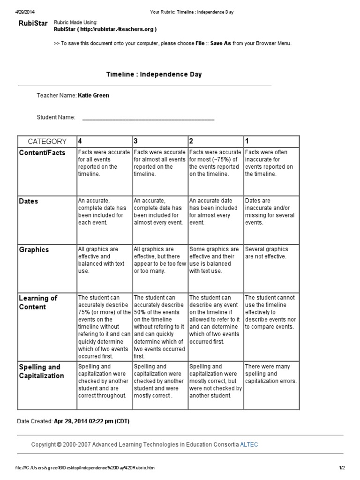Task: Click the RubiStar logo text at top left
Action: tap(32, 23)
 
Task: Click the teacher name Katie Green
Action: tap(93, 95)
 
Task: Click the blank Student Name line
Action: tap(148, 118)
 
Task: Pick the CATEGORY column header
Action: tap(47, 141)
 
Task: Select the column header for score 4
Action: tap(80, 141)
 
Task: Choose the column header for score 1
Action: tap(247, 141)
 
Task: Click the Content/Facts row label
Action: tap(42, 153)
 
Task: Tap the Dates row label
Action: tap(29, 201)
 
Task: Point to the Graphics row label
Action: tap(34, 250)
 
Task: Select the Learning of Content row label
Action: tap(38, 302)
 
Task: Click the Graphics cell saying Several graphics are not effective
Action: tap(267, 253)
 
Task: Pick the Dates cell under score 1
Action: tap(270, 211)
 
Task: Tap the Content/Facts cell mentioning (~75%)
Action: tap(215, 163)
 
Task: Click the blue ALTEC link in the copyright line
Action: tap(249, 444)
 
